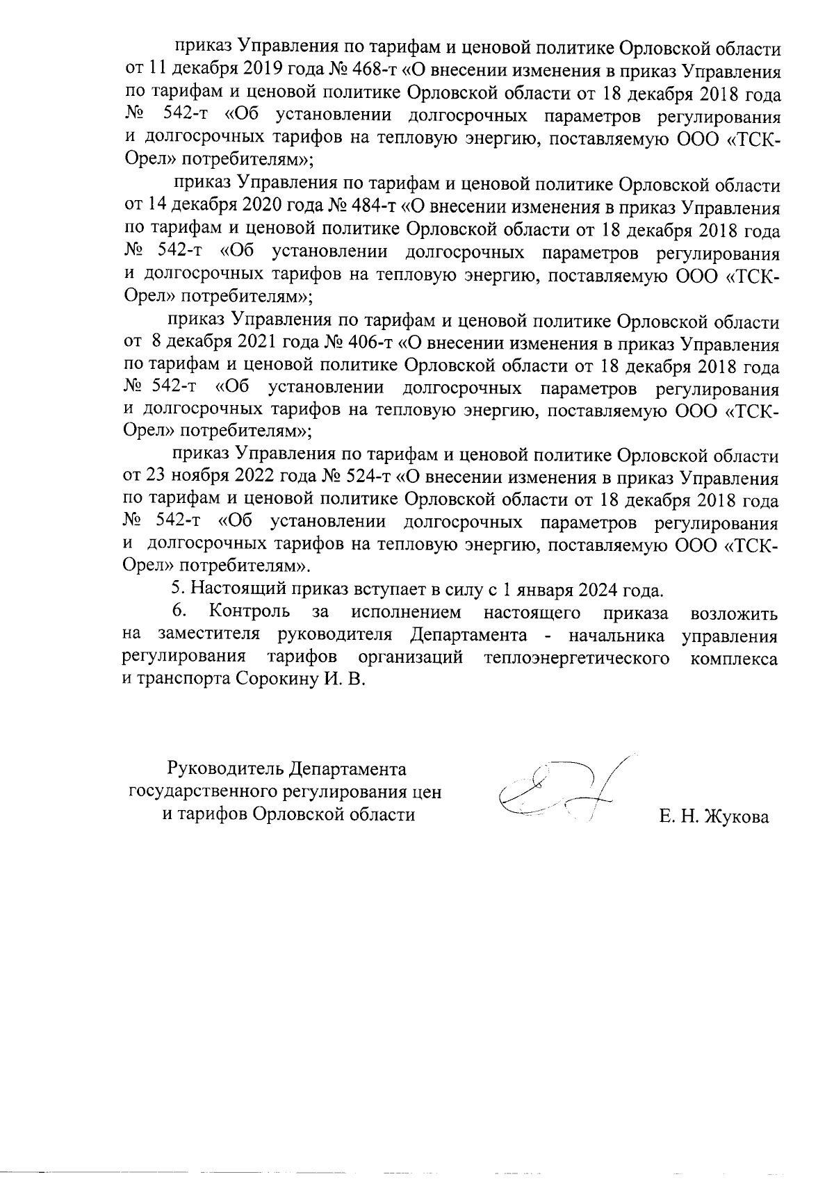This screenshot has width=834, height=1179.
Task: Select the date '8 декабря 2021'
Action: click(213, 344)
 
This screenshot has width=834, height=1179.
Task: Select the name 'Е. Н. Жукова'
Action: click(715, 818)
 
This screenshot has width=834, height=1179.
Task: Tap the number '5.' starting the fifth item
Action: click(178, 591)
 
